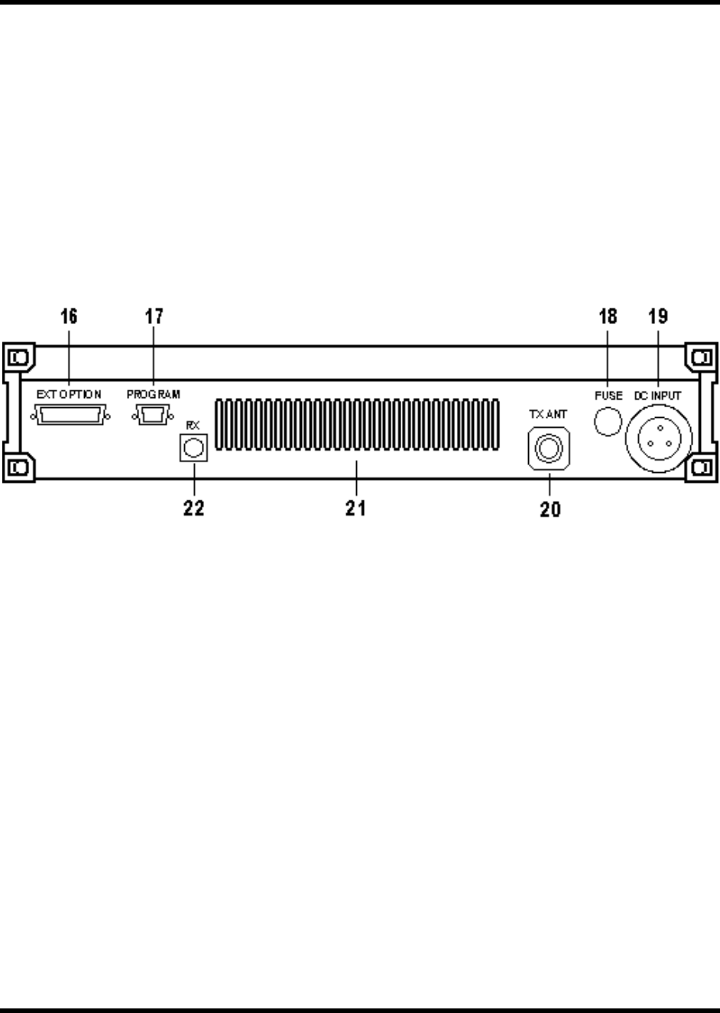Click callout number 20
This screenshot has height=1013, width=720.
[x=550, y=508]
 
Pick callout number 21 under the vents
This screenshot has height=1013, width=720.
[x=355, y=508]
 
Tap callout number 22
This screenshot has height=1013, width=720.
[x=193, y=508]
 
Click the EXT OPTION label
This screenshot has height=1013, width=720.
[x=69, y=394]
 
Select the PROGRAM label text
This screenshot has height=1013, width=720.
[x=154, y=394]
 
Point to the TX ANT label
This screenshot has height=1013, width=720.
[x=547, y=413]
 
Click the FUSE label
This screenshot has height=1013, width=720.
[x=608, y=396]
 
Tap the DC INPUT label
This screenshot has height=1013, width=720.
[x=658, y=396]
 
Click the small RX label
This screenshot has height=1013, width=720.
[x=193, y=419]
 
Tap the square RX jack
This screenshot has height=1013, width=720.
[x=193, y=447]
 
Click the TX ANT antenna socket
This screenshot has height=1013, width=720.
[x=548, y=448]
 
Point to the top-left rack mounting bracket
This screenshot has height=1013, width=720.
[x=18, y=358]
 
